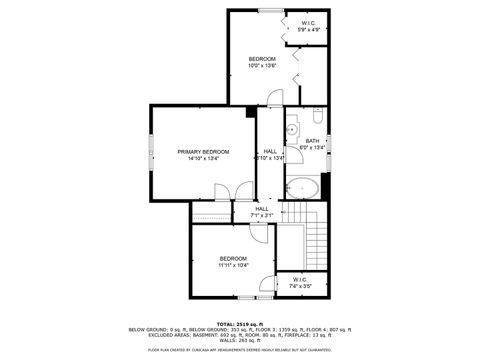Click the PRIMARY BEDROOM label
click(203, 151)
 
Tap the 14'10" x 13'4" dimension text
click(203, 158)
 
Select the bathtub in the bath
click(302, 188)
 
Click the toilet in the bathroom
click(317, 115)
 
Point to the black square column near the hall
click(250, 110)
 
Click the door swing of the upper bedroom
click(275, 98)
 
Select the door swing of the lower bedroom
click(258, 231)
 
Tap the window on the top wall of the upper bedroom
click(269, 10)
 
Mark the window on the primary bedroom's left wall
click(151, 154)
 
